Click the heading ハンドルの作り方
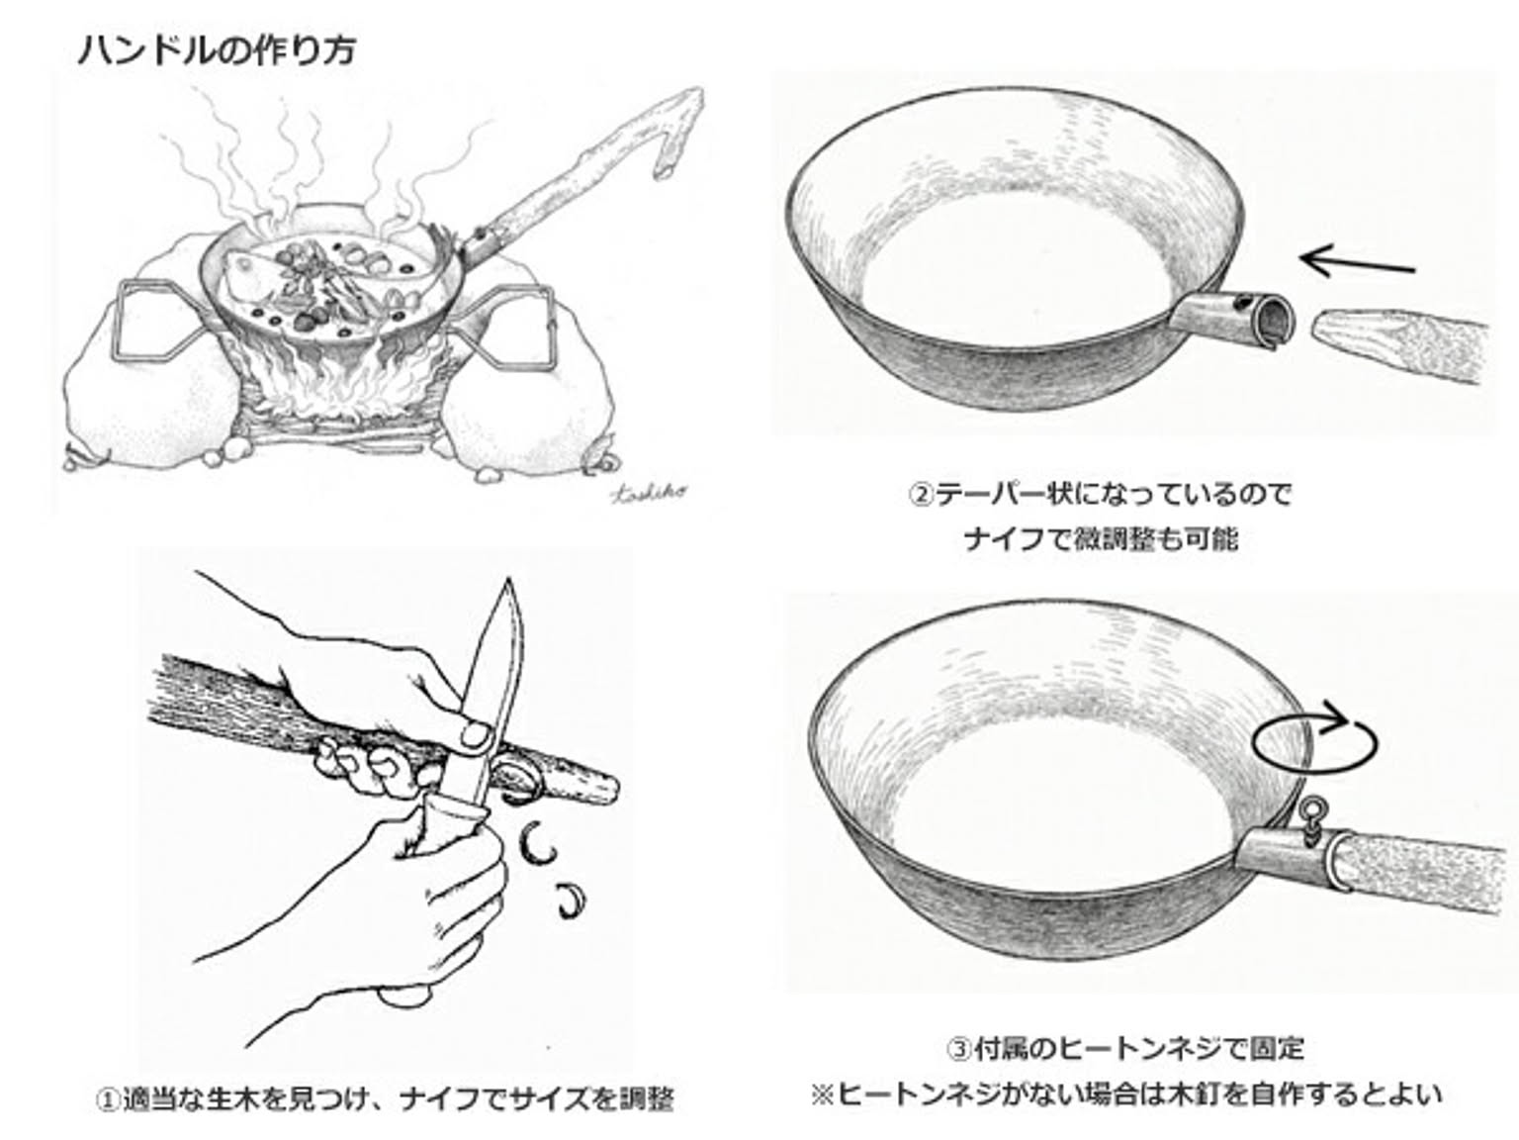[217, 51]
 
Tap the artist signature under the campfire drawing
[649, 492]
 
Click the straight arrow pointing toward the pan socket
[1357, 263]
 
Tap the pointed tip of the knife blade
[510, 580]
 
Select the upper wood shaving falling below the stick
[536, 842]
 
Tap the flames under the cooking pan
[339, 377]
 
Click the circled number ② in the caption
[921, 495]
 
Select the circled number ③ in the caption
[959, 1049]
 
